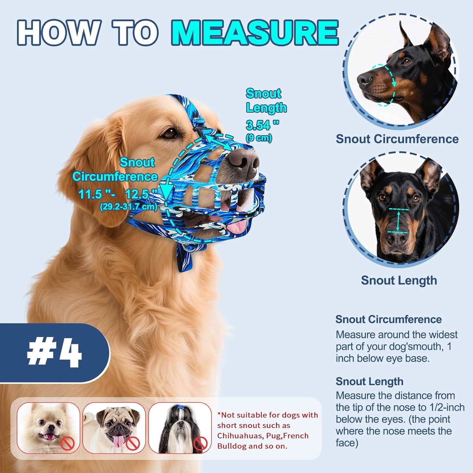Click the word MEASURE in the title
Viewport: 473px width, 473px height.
(x=255, y=32)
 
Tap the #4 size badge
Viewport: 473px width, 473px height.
(x=54, y=353)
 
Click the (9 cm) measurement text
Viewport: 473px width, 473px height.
(x=259, y=137)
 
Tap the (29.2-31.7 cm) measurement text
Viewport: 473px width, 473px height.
(x=129, y=207)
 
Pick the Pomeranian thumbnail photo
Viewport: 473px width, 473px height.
(x=48, y=428)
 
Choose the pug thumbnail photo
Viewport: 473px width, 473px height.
(x=114, y=428)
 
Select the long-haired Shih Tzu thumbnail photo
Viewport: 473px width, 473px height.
(x=180, y=428)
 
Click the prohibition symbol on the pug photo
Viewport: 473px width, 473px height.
(x=133, y=444)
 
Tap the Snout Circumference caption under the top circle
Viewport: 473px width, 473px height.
(x=397, y=139)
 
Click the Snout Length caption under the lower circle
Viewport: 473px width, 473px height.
(x=399, y=280)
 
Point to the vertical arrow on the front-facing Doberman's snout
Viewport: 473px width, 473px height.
(x=398, y=221)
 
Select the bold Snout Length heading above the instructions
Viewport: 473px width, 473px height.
(x=369, y=381)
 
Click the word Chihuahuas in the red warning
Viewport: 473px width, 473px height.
(x=238, y=436)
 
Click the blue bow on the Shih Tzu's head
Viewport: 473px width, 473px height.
(x=180, y=407)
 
